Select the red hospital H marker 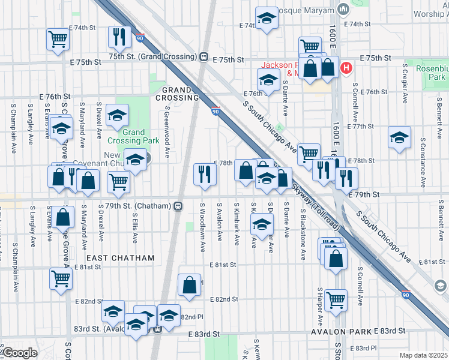point(346,68)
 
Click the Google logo point(20,353)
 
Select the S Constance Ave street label point(423,162)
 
